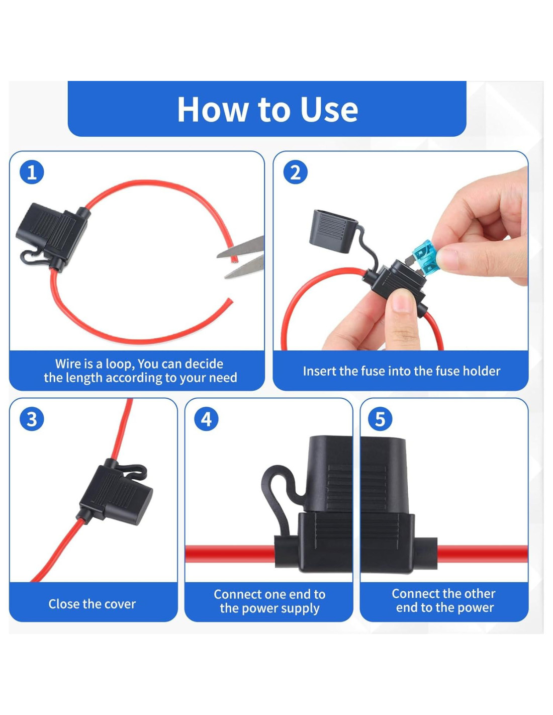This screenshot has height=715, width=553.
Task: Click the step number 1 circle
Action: pyautogui.click(x=32, y=172)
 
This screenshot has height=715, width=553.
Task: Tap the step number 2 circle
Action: pyautogui.click(x=295, y=172)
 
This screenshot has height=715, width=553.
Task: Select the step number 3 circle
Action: pyautogui.click(x=32, y=419)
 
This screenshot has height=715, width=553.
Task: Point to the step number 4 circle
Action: pyautogui.click(x=206, y=419)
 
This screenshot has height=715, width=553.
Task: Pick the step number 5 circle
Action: pyautogui.click(x=380, y=419)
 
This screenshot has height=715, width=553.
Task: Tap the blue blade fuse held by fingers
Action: pyautogui.click(x=425, y=258)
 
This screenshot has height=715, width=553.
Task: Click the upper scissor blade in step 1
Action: pyautogui.click(x=241, y=247)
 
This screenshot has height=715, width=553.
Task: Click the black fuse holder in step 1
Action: pyautogui.click(x=53, y=233)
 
